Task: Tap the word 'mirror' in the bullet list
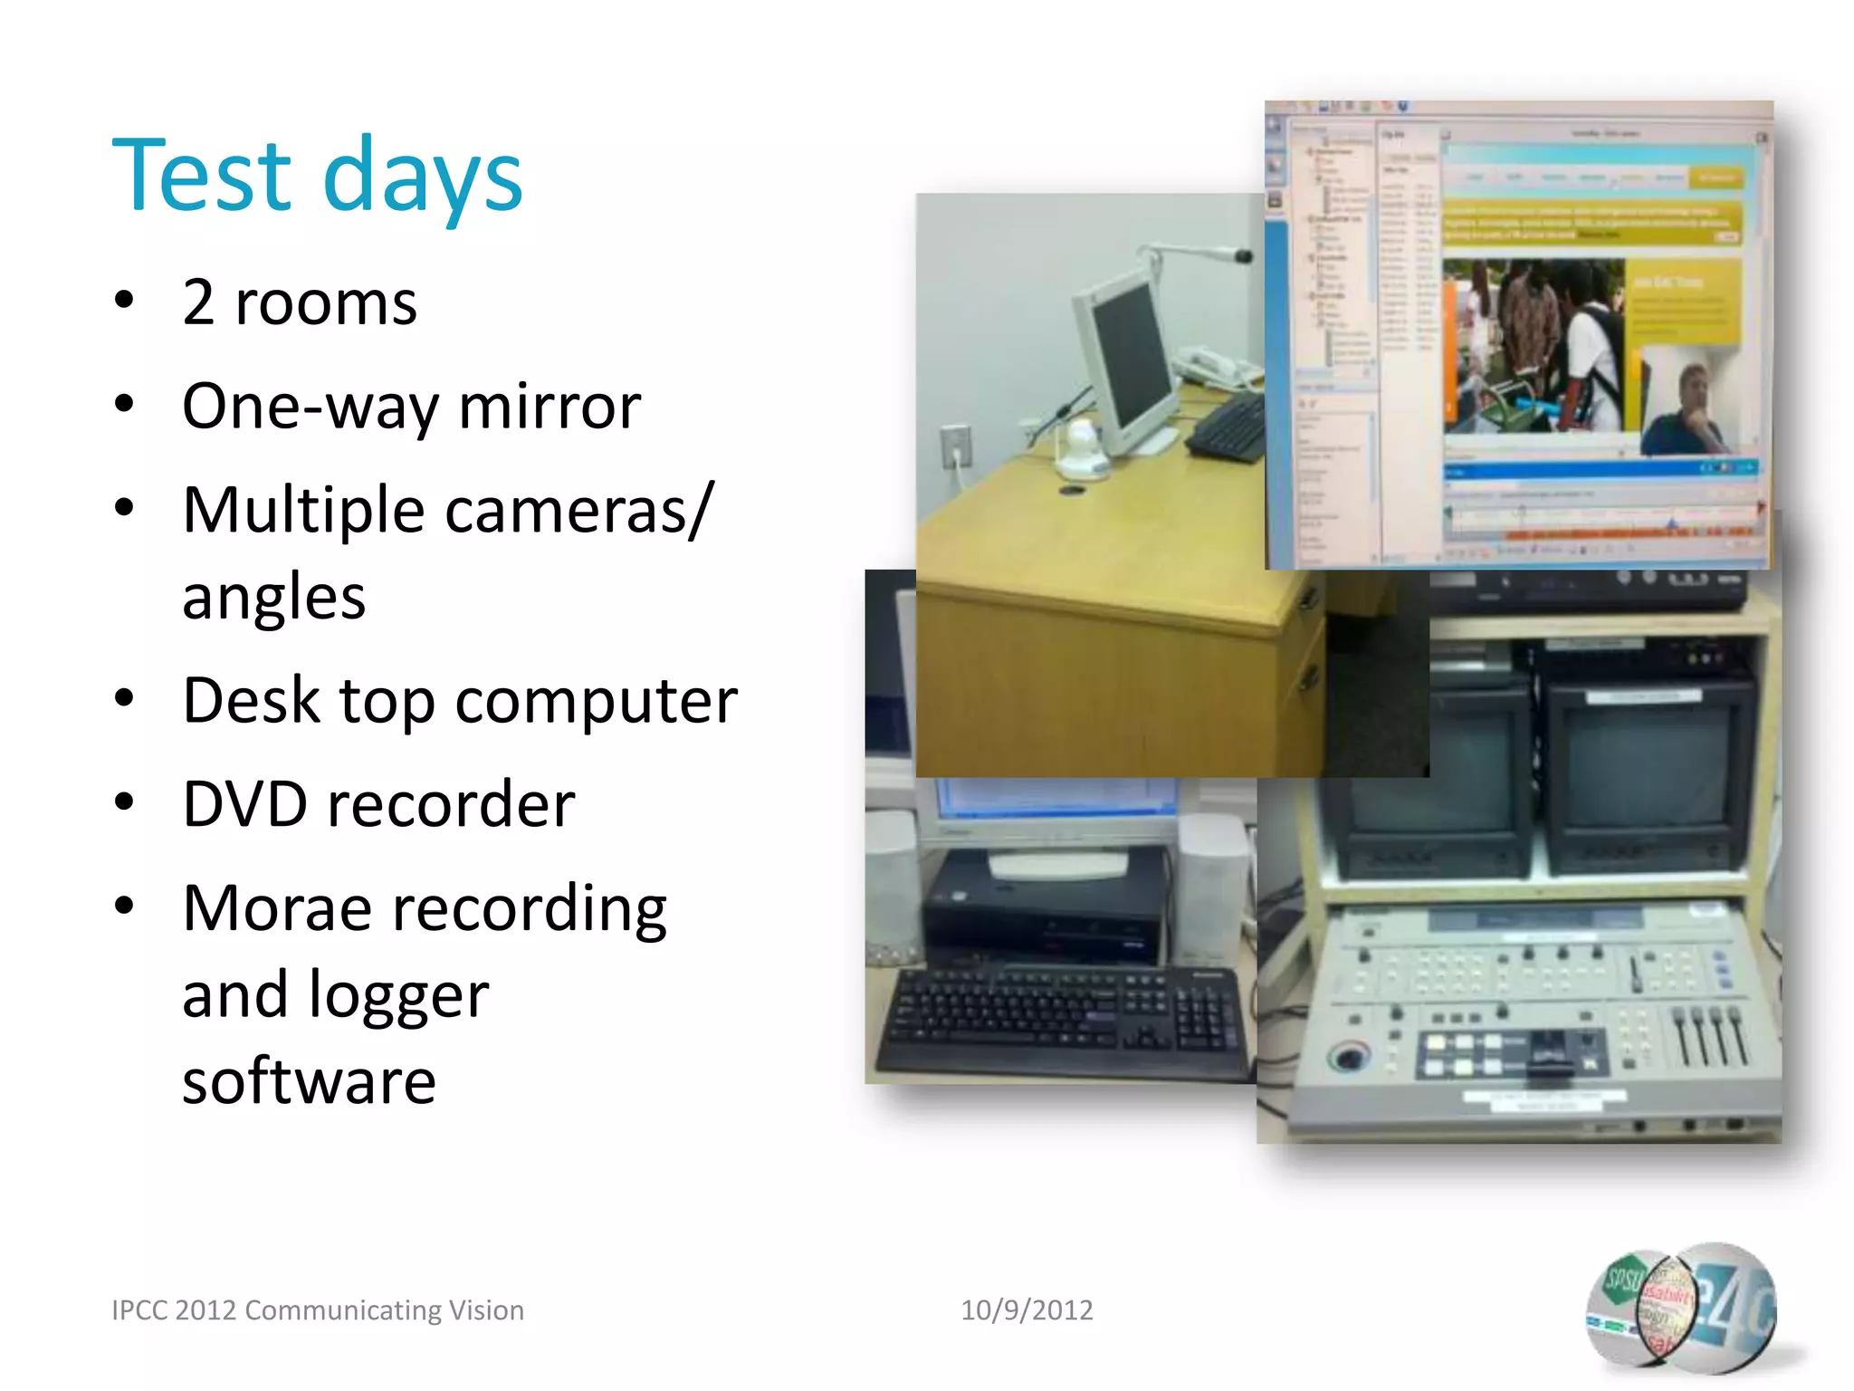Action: pos(550,407)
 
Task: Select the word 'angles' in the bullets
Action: pos(273,598)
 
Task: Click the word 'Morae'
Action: pos(276,908)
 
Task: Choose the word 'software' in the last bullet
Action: pos(309,1081)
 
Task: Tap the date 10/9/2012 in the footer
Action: pos(1026,1310)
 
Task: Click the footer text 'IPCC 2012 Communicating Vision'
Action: pos(317,1310)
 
